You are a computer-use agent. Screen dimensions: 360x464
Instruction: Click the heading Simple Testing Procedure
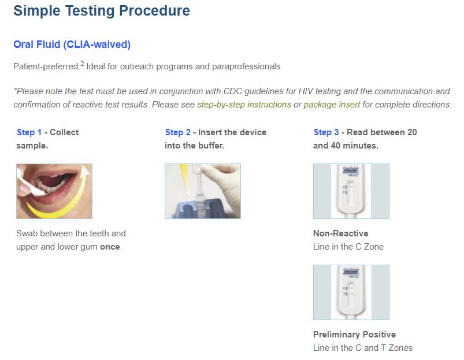point(101,10)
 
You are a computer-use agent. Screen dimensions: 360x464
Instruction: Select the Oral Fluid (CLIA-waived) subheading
point(72,44)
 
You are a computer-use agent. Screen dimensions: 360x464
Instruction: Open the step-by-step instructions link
point(244,105)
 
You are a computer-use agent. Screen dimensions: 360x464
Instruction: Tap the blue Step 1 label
point(29,132)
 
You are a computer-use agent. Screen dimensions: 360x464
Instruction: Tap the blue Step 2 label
point(177,132)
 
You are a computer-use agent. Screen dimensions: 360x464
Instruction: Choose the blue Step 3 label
point(326,132)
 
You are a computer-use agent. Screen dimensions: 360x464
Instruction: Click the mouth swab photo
point(54,191)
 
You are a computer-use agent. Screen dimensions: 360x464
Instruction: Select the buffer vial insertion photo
point(202,191)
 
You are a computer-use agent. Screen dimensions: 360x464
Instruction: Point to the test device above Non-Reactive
point(351,191)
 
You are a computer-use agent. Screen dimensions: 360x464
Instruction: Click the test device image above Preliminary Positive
point(351,292)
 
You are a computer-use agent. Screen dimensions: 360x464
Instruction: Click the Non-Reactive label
point(340,233)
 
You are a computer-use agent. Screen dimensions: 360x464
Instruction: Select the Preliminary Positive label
point(354,335)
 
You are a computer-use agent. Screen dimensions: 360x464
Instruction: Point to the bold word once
point(110,247)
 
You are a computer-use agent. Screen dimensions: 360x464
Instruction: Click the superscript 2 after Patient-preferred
point(82,64)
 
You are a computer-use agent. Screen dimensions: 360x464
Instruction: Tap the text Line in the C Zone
point(348,247)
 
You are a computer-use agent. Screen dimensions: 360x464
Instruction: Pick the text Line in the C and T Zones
point(362,348)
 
